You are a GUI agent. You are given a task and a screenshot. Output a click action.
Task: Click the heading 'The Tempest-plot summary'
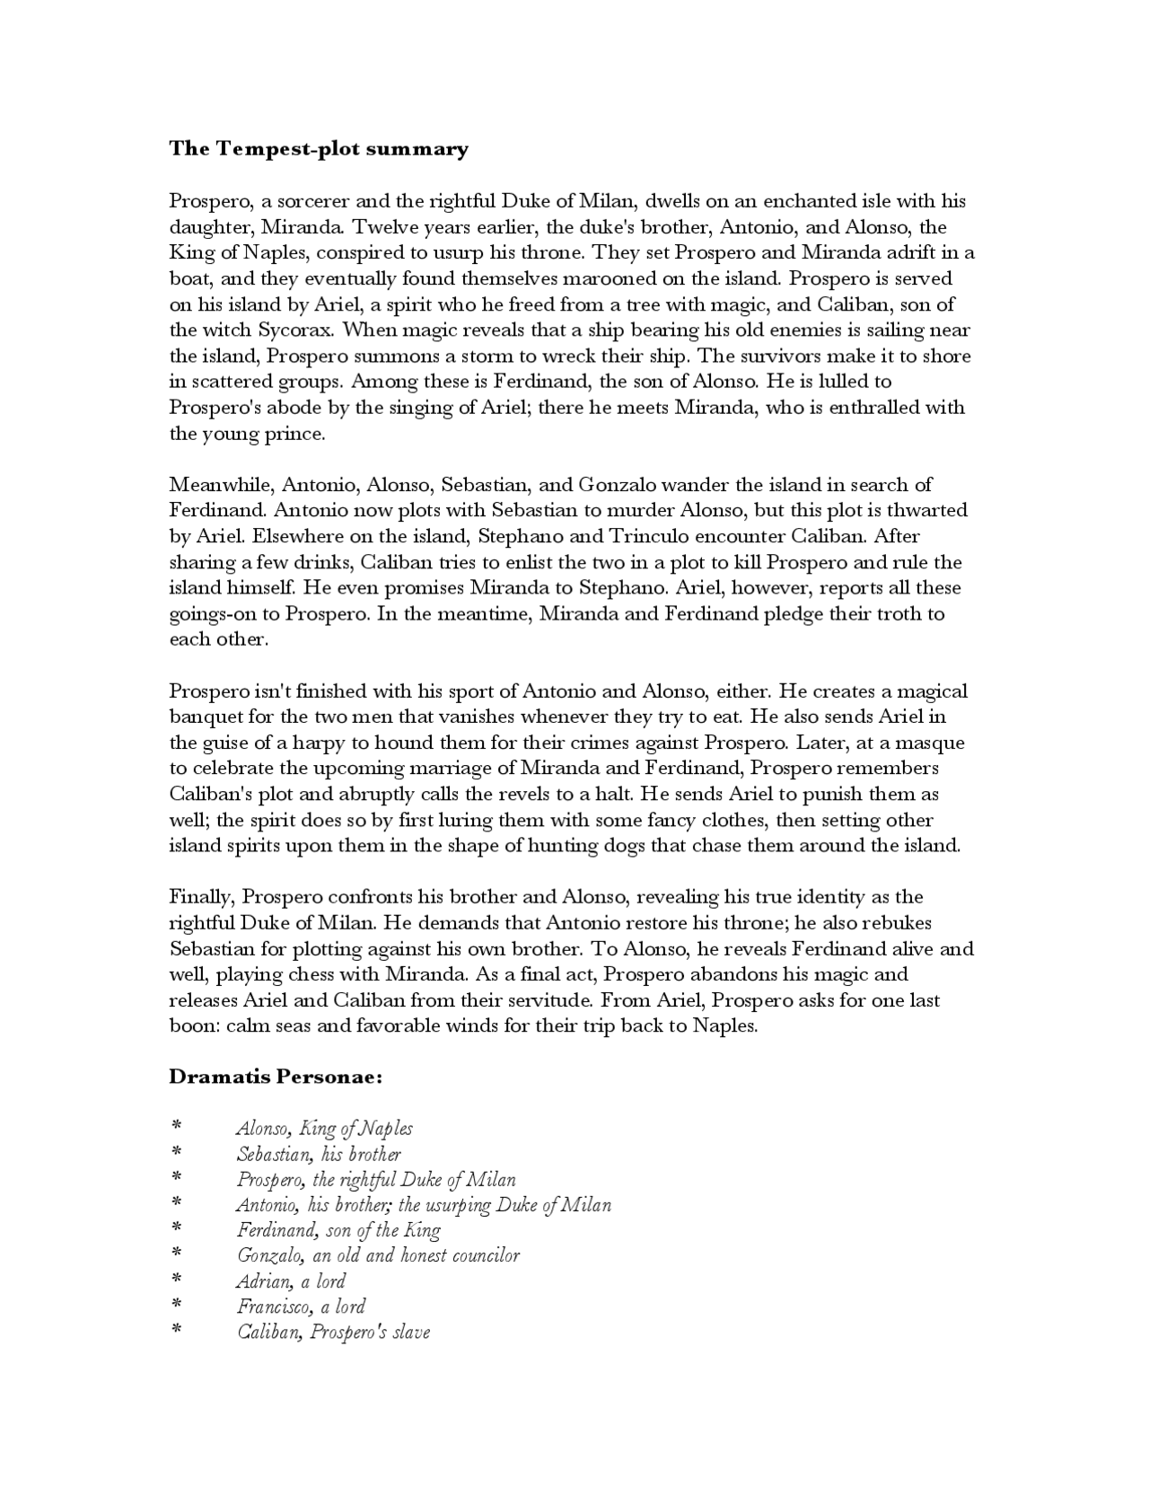(x=319, y=149)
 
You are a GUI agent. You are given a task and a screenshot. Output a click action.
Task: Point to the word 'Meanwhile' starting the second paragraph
(x=220, y=485)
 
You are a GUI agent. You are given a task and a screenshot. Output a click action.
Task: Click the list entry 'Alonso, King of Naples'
(x=324, y=1129)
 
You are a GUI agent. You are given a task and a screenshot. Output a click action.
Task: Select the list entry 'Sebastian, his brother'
(x=319, y=1155)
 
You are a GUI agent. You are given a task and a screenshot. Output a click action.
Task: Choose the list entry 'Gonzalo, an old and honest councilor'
(x=378, y=1256)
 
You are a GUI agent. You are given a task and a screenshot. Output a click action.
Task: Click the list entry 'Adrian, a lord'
(x=291, y=1281)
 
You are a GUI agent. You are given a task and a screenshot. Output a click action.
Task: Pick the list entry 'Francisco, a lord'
(x=301, y=1307)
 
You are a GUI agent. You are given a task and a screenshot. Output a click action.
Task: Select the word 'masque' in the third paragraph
(x=934, y=743)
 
